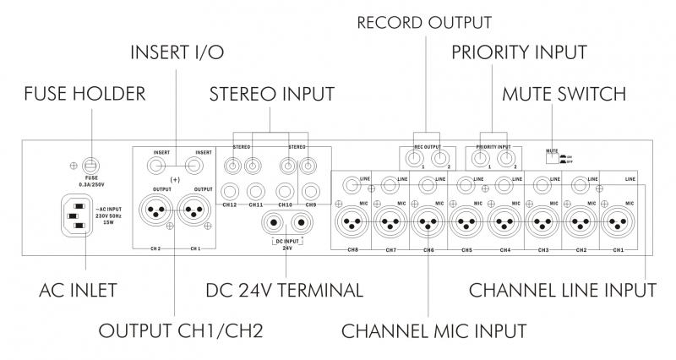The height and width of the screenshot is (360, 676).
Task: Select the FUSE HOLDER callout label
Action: pyautogui.click(x=84, y=93)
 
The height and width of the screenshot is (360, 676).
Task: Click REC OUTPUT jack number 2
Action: pyautogui.click(x=439, y=157)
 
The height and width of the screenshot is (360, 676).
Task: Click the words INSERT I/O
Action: pyautogui.click(x=177, y=52)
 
